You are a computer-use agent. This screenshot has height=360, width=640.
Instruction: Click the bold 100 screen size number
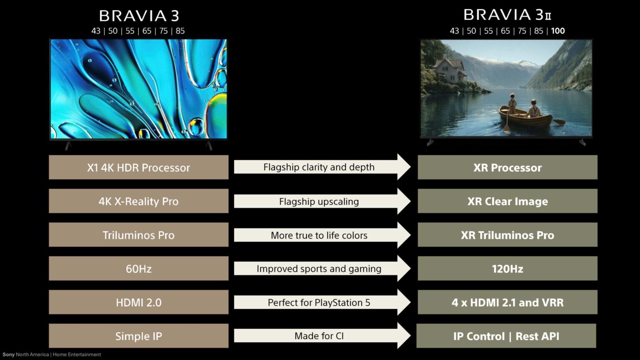coord(558,31)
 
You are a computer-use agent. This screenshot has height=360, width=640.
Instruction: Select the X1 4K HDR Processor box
coord(139,167)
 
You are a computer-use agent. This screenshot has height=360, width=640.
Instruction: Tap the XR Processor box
coord(507,167)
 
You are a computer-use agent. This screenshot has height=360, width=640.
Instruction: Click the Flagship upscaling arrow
coord(322,201)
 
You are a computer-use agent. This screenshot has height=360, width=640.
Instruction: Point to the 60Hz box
coord(139,268)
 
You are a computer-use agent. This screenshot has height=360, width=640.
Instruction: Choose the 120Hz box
coord(507,268)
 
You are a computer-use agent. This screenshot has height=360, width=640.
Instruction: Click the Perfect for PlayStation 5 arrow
coord(322,302)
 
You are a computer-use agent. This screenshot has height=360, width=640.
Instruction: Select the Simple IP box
coord(139,336)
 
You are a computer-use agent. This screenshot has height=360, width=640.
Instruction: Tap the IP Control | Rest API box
coord(506,336)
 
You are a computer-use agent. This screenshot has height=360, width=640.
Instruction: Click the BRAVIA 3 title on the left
coord(139,16)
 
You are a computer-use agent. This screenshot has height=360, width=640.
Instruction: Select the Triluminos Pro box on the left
coord(139,235)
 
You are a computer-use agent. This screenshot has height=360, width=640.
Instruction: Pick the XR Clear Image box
coord(507,201)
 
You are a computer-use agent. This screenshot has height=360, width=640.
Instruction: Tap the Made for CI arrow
coord(322,336)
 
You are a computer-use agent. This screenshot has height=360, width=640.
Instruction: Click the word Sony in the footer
coord(9,355)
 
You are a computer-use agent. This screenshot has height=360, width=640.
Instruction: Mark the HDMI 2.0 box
coord(139,302)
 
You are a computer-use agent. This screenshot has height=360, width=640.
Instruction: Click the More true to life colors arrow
coord(322,235)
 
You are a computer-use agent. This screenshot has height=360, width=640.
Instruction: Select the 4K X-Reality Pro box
coord(139,201)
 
